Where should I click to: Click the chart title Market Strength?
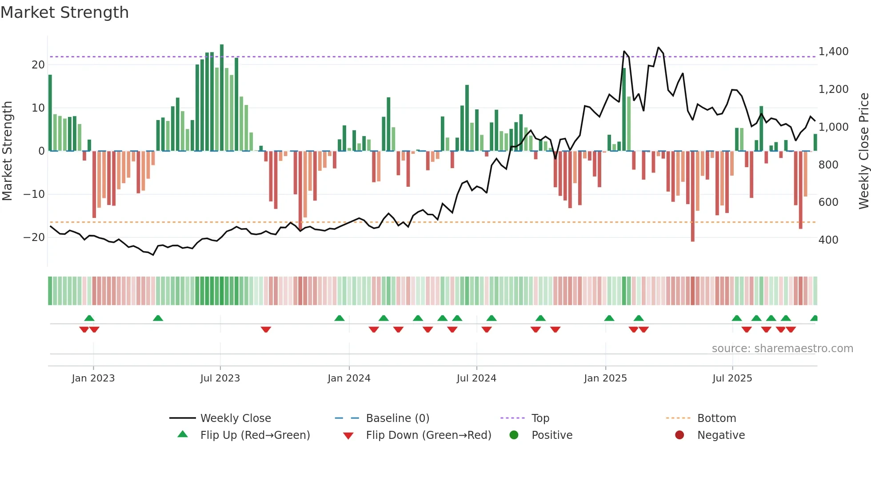pos(64,12)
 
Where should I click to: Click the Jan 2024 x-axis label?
pos(349,378)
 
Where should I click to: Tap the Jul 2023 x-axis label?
pos(220,378)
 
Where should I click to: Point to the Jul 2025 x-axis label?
pos(732,378)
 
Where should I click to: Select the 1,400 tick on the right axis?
pos(833,52)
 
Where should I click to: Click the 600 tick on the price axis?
pos(828,202)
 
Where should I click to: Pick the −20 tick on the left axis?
pos(34,237)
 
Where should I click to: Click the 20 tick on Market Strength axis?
pos(38,65)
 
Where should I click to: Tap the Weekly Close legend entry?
pos(235,418)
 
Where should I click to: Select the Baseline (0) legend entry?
pos(397,418)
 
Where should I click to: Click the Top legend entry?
pos(540,418)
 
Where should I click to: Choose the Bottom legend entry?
pos(716,418)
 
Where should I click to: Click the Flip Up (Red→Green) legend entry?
pos(255,435)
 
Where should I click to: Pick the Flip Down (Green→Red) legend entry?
pos(428,435)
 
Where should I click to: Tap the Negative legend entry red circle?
pos(679,435)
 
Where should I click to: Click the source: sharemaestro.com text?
pos(782,349)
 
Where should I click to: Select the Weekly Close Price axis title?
pos(863,151)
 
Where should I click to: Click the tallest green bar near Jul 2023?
pos(222,98)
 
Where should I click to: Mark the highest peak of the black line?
pos(659,48)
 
